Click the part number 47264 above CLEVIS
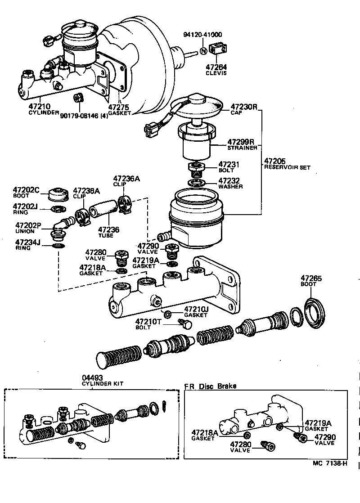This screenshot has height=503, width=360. point(216,67)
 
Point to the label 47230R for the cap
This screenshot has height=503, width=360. point(243,107)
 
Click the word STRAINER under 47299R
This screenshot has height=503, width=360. point(242,147)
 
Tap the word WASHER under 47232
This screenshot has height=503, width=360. point(230,186)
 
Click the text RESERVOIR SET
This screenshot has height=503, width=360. point(287,167)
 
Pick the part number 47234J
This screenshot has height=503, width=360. point(27,243)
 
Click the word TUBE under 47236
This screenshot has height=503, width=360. point(106,235)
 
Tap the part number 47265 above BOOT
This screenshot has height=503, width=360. point(311,278)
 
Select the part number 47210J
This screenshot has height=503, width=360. point(196,310)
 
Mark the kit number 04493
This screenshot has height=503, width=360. point(92,377)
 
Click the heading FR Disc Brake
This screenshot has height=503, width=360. point(210,386)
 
